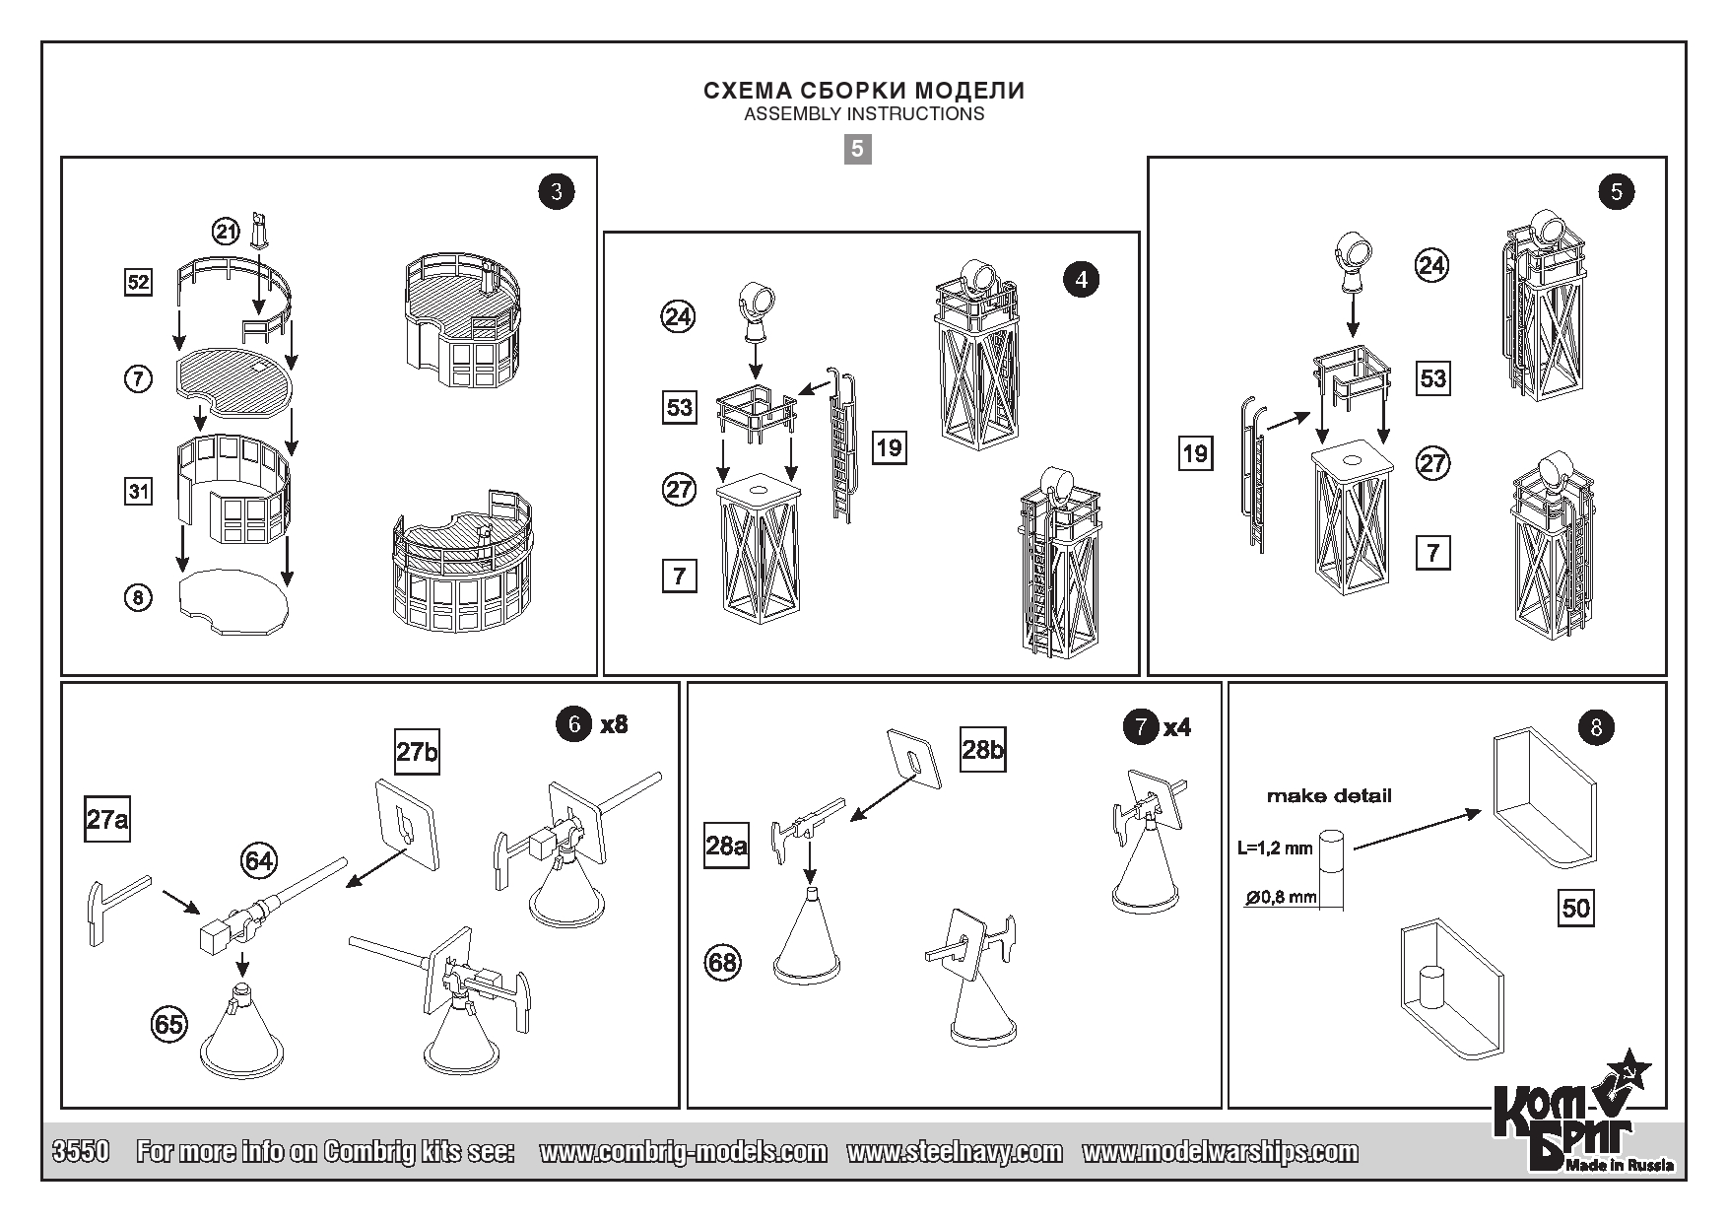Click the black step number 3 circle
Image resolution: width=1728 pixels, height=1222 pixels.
(557, 191)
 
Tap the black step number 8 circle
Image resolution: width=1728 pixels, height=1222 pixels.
(1596, 728)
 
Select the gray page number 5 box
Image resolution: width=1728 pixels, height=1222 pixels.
(857, 149)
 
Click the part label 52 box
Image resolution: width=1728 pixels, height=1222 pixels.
(138, 283)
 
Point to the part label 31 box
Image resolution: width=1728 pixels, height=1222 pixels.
(138, 490)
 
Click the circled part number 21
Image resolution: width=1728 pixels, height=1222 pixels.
(227, 233)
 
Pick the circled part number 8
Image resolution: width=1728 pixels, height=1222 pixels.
(138, 597)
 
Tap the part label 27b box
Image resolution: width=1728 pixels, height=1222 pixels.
(417, 753)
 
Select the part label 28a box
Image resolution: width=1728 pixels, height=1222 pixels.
(726, 846)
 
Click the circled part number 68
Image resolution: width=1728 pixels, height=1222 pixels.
(723, 962)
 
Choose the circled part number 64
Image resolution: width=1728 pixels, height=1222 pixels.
(259, 861)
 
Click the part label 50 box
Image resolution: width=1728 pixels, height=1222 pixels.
(1576, 907)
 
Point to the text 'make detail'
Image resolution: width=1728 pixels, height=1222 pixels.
(1329, 796)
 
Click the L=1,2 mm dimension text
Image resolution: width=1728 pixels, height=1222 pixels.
(1275, 847)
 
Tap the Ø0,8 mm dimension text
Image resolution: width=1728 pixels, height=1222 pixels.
(1281, 897)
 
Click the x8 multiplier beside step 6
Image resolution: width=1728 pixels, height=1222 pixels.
(614, 725)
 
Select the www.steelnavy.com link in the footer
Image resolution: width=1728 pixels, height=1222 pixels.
(954, 1152)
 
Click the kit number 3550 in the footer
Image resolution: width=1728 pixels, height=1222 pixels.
(79, 1152)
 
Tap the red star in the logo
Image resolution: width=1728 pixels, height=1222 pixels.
(1633, 1072)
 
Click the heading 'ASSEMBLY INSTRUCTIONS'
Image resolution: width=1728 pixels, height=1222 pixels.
(864, 113)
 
